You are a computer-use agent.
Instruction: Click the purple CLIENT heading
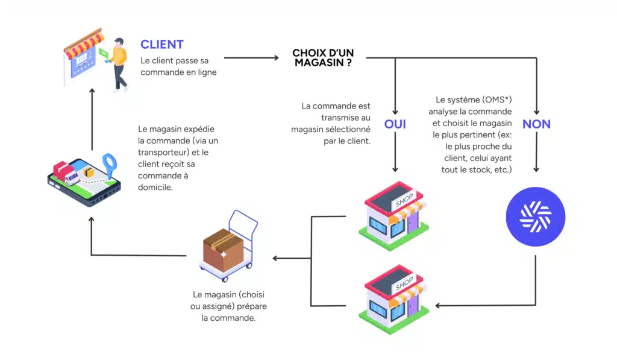point(162,44)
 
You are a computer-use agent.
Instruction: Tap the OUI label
point(395,124)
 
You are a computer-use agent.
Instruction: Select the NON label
point(536,124)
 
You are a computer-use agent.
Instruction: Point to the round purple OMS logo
point(536,216)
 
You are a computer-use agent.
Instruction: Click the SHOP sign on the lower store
point(404,282)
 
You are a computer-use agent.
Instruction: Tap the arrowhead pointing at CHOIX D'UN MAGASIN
point(276,58)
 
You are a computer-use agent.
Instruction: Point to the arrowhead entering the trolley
point(276,258)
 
